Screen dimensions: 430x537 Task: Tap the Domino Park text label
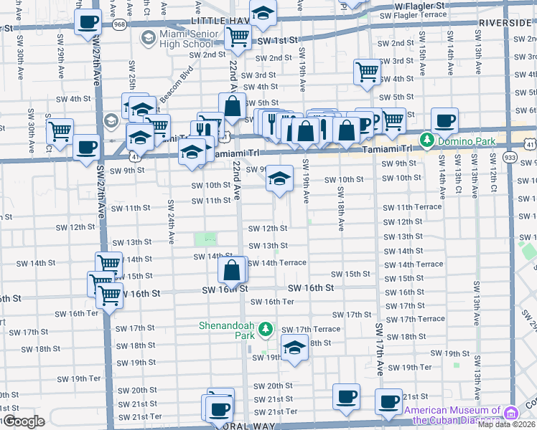460,139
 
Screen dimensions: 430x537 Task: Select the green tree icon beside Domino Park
427,139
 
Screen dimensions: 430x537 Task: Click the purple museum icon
511,413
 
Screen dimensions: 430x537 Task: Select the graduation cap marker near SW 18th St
294,348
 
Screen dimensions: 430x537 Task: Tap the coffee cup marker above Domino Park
444,121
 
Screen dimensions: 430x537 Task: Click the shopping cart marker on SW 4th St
367,72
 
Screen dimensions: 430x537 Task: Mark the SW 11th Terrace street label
412,207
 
